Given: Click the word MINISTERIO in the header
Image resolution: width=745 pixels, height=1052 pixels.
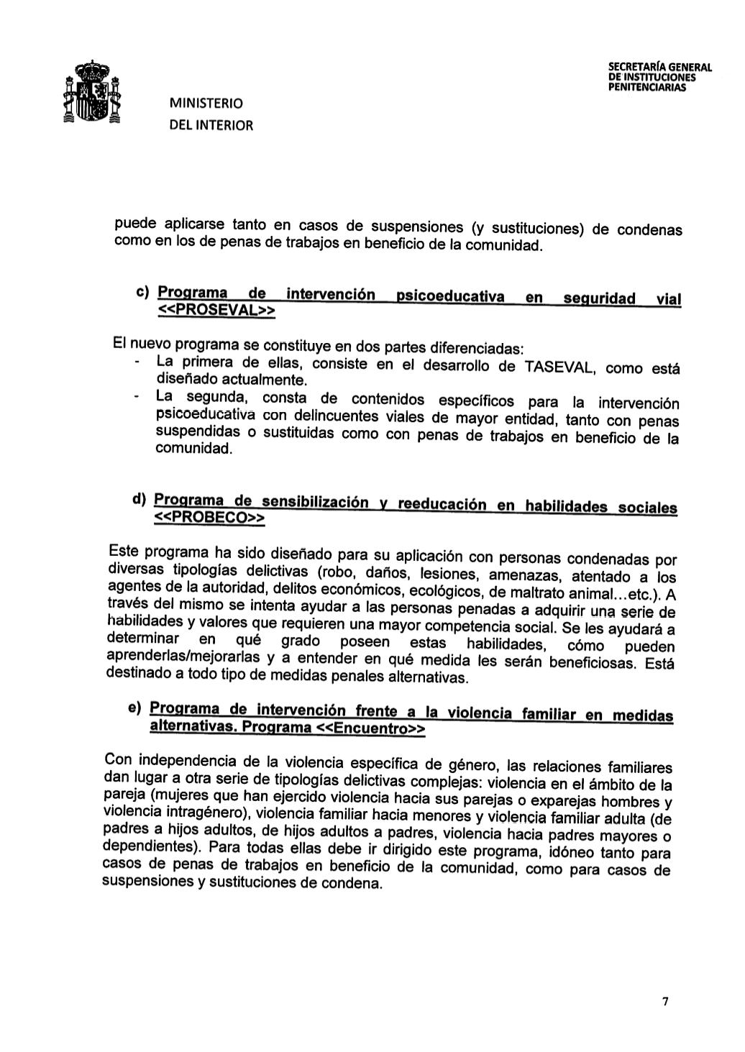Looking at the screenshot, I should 206,103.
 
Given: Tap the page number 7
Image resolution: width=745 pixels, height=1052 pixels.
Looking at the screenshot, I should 665,1002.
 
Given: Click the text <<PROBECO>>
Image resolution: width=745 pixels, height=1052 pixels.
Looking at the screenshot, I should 210,518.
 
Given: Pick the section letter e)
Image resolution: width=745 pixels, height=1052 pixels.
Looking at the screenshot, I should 134,708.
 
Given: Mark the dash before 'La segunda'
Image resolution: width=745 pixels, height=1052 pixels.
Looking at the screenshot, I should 137,395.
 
